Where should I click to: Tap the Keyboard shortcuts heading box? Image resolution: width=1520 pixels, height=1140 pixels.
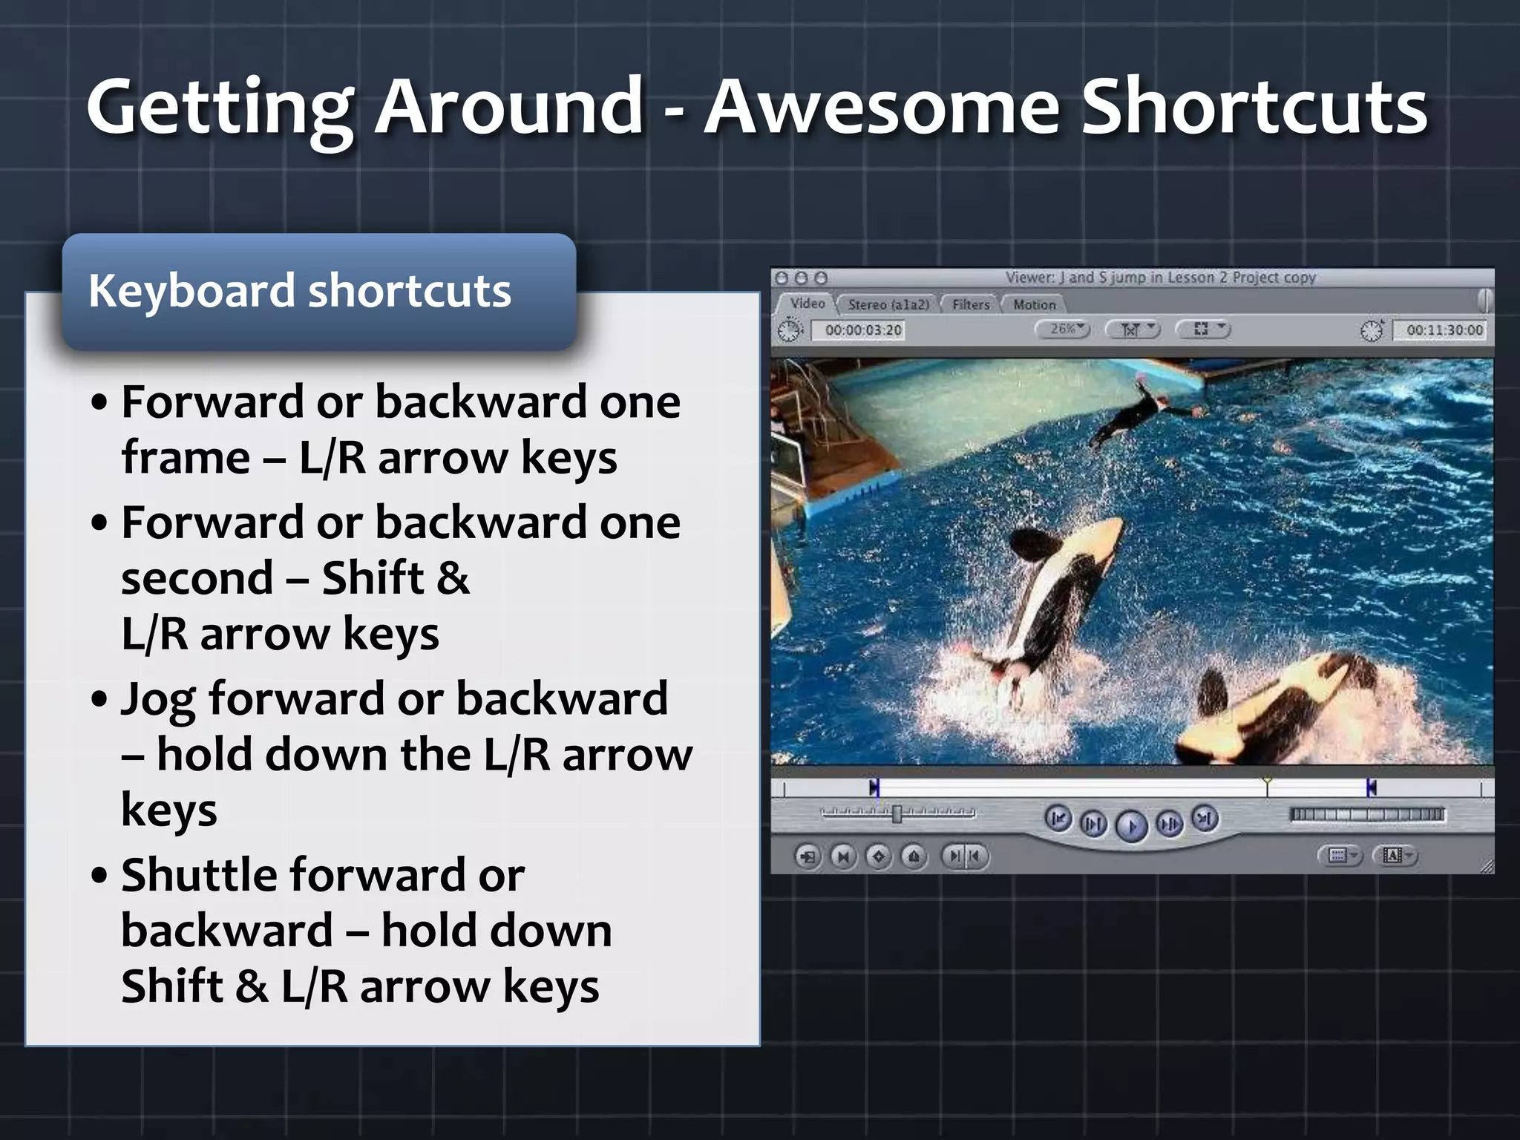[319, 291]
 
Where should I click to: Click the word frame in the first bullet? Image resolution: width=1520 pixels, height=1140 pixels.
[186, 457]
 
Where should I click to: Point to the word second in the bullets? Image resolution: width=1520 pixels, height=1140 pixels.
[197, 578]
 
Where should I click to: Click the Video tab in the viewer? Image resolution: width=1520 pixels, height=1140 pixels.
[807, 304]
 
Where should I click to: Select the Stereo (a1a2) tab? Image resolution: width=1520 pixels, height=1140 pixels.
[888, 304]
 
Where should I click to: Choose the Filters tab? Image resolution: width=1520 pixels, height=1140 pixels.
[970, 304]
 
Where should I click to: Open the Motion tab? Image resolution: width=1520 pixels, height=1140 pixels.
[1034, 304]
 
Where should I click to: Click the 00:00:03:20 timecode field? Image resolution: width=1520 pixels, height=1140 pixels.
[862, 330]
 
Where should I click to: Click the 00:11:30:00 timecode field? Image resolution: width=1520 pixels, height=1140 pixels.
[1444, 330]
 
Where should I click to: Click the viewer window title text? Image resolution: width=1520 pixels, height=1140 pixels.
[1160, 278]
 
